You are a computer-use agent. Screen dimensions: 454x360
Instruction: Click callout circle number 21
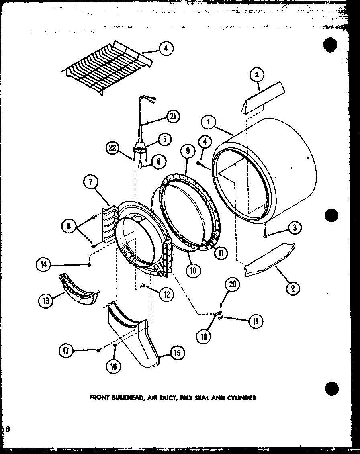pos(173,117)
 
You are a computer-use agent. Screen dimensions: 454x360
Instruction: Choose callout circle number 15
pos(177,353)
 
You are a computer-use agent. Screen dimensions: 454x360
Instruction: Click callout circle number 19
pos(256,321)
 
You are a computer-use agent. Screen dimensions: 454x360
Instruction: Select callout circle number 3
pos(295,228)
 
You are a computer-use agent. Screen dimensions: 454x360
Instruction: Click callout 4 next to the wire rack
pos(166,49)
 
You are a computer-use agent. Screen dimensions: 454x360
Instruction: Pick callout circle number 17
pos(66,350)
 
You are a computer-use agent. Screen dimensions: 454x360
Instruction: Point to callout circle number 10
pos(193,270)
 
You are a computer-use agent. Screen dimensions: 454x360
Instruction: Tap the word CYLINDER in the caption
pos(241,398)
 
